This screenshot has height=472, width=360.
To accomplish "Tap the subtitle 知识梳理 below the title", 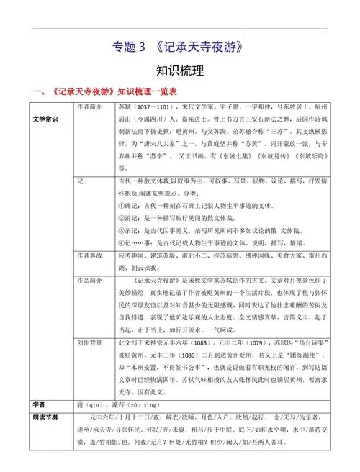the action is [x=180, y=71].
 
